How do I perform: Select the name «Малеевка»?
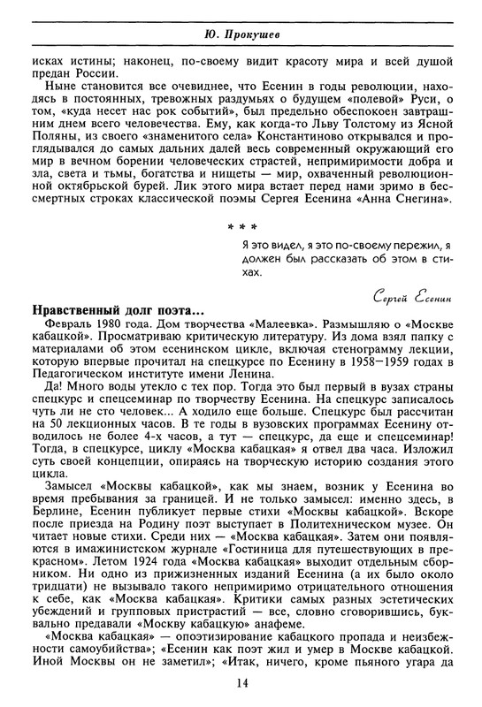click(x=296, y=326)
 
